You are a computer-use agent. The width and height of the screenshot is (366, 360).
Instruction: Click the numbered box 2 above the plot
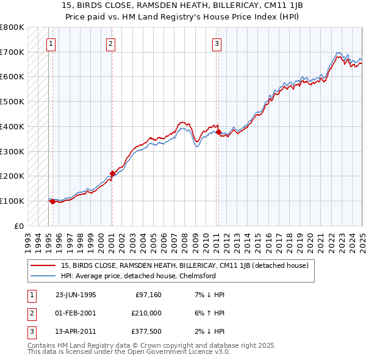tap(110, 43)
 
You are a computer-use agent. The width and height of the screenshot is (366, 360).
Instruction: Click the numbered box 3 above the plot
tap(217, 43)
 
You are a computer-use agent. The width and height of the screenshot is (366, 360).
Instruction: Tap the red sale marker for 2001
tap(112, 173)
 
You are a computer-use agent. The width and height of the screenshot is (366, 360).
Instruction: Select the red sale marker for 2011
tap(218, 132)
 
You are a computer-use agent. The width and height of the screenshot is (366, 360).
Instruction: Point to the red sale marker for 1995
tap(53, 201)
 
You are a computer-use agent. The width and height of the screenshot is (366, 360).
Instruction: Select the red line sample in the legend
tap(43, 265)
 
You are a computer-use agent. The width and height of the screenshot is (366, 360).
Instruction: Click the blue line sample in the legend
tap(43, 276)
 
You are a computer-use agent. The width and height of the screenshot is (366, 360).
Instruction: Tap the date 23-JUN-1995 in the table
tap(76, 295)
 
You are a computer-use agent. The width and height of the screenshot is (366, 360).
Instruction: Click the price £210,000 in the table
tap(146, 313)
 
